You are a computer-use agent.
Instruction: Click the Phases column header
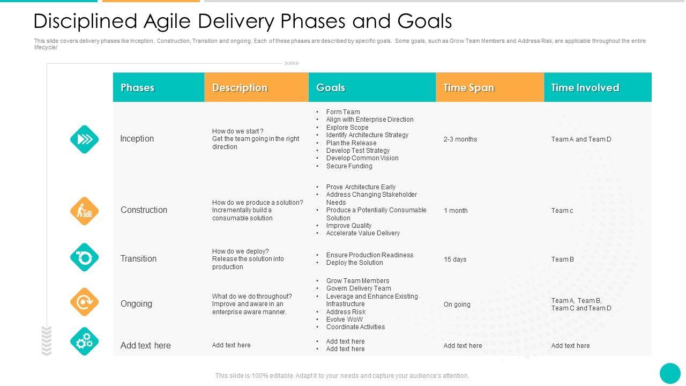click(x=137, y=88)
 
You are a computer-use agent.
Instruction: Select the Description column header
click(x=240, y=88)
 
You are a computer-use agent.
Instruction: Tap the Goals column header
click(x=331, y=88)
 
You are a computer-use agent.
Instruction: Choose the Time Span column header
click(x=468, y=88)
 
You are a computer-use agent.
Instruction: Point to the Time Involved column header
click(x=585, y=88)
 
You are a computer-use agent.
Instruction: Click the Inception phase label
click(x=137, y=139)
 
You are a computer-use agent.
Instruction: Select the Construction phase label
click(x=144, y=210)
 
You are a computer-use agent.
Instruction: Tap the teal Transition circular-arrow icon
click(x=84, y=257)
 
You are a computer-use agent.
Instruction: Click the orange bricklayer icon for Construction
click(x=84, y=211)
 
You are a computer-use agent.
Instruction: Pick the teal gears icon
click(x=84, y=342)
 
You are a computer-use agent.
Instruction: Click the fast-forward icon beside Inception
click(x=84, y=139)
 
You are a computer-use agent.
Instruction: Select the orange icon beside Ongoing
click(x=84, y=302)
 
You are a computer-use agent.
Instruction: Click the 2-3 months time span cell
click(x=460, y=139)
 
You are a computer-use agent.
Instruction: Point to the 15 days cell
click(x=455, y=259)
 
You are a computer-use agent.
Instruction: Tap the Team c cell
click(x=562, y=211)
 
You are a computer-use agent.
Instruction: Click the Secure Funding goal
click(x=349, y=166)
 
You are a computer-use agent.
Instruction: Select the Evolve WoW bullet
click(x=344, y=320)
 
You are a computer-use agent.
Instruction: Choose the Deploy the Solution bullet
click(x=354, y=263)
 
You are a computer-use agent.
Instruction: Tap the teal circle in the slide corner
click(x=670, y=374)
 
